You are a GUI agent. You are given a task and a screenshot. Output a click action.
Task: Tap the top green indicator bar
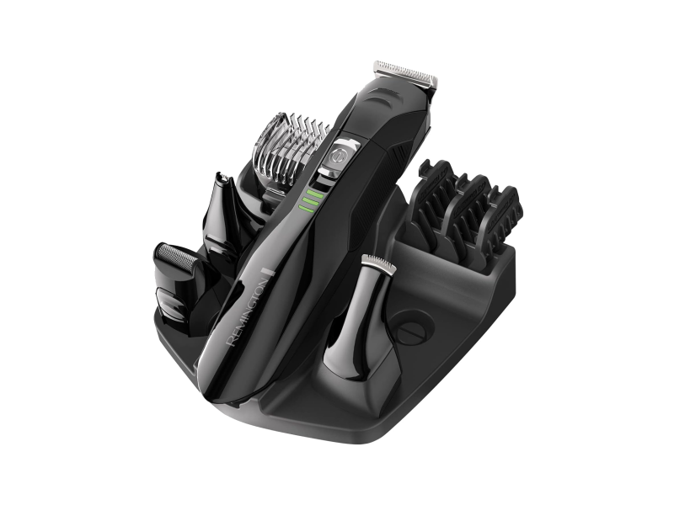315,194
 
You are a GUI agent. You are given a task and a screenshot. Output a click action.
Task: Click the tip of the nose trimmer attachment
222,176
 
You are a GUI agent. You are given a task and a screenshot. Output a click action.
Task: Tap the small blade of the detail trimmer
378,262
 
